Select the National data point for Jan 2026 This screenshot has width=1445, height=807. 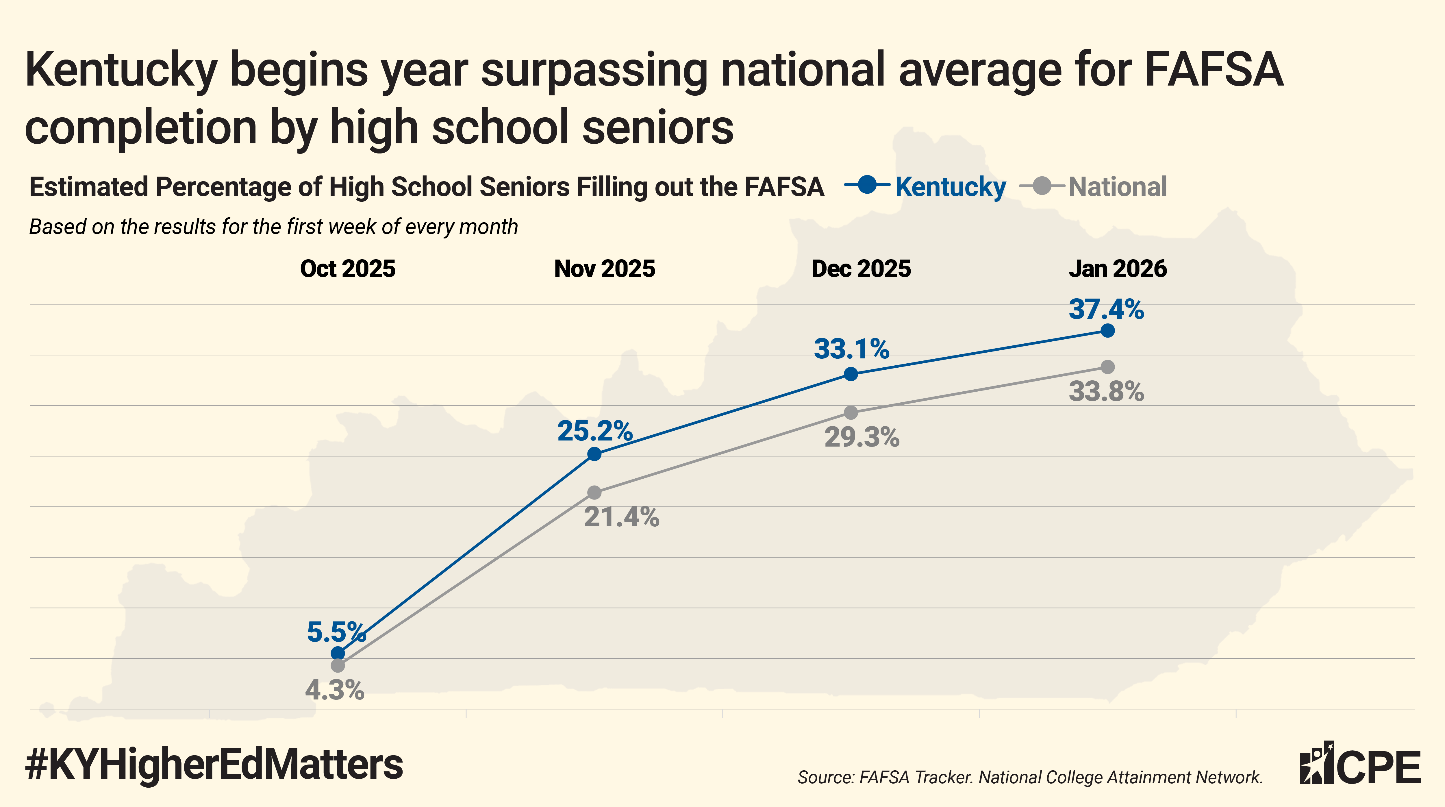coord(1107,367)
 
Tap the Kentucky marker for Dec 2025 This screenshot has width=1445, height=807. coord(851,374)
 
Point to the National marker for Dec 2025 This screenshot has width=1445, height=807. coord(851,412)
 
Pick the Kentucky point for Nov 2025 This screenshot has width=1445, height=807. coord(594,454)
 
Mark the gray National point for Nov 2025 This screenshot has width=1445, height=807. coord(594,493)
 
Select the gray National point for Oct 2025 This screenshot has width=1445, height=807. coord(338,666)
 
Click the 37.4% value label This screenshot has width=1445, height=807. coord(1106,309)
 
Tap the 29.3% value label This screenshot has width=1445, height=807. coord(862,437)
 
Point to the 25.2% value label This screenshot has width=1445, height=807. coord(594,431)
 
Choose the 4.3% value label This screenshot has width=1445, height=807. coord(334,690)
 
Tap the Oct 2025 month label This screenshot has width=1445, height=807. coord(348,269)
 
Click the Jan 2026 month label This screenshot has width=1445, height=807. coord(1117,269)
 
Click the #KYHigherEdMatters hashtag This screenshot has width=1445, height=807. coord(214,764)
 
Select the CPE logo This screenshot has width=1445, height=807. coord(1360,764)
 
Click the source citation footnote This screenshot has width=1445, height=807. coord(1030,777)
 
